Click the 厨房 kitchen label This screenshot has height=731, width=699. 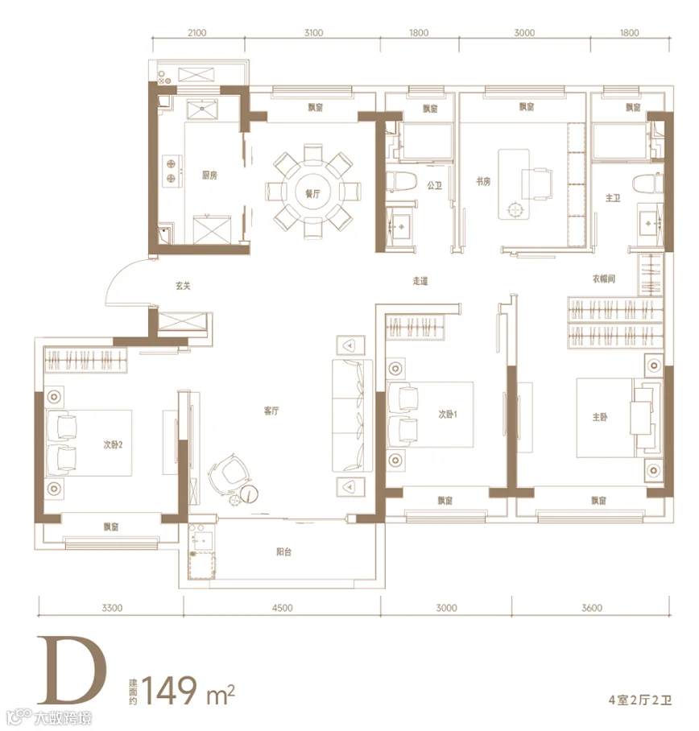pyautogui.click(x=209, y=176)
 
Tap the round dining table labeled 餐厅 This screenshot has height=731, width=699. pyautogui.click(x=313, y=193)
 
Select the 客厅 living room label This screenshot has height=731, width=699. pyautogui.click(x=271, y=411)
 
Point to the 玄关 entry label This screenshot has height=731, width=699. pyautogui.click(x=184, y=286)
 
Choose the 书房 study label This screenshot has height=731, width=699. pyautogui.click(x=483, y=181)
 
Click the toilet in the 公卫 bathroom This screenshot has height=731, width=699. pyautogui.click(x=401, y=181)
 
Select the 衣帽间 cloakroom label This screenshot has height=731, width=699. pyautogui.click(x=603, y=279)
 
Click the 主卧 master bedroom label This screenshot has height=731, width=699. pyautogui.click(x=600, y=417)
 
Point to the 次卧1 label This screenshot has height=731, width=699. pyautogui.click(x=448, y=414)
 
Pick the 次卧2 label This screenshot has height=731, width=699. pyautogui.click(x=113, y=444)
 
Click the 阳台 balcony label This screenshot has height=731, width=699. pyautogui.click(x=284, y=552)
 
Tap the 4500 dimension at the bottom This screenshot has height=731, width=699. pyautogui.click(x=282, y=608)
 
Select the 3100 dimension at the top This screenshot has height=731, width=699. pyautogui.click(x=313, y=33)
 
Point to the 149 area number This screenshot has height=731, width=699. pyautogui.click(x=169, y=690)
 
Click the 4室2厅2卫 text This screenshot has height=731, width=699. pyautogui.click(x=639, y=700)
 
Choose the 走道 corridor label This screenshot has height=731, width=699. pyautogui.click(x=420, y=281)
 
